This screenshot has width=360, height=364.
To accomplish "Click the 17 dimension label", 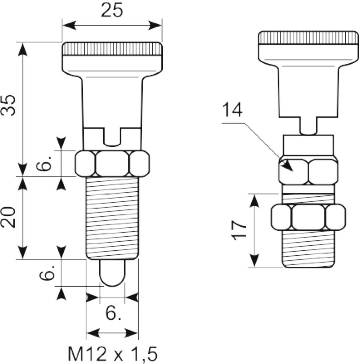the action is pos(239,230).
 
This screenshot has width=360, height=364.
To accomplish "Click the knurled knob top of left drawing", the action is pos(112,49).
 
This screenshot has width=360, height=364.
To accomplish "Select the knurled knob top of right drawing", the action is pos(309,38).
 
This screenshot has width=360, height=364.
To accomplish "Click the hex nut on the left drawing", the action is pos(112,164).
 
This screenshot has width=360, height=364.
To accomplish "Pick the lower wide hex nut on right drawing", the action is pos(309,217).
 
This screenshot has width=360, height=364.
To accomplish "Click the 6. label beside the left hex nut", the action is pos(43,163).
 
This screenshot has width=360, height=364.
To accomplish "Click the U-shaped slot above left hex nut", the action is pos(112,137).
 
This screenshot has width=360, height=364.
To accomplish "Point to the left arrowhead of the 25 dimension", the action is pos(69,25).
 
